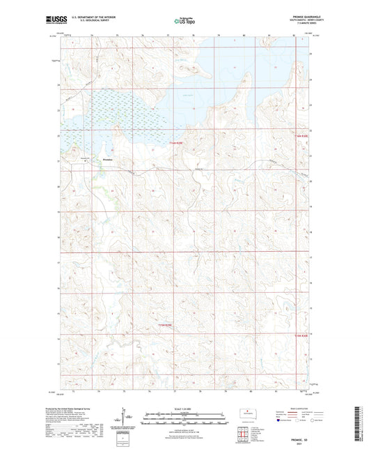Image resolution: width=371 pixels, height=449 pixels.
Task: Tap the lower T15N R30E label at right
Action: pos(296,335)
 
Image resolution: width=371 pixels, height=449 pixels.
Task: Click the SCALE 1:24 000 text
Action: pos(185,409)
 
